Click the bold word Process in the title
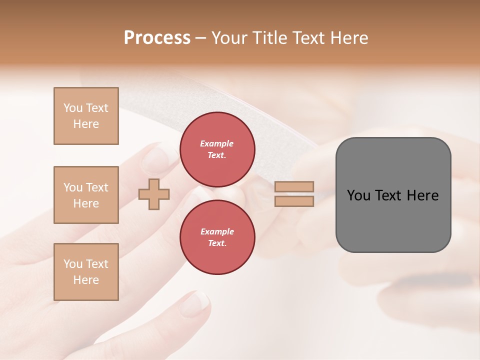pos(157,38)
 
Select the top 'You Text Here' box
pos(86,116)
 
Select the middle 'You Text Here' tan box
pos(86,195)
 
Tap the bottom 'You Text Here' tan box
pos(86,272)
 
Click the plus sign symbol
pos(154,194)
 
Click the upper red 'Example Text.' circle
pos(217,149)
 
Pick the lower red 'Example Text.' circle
pos(217,237)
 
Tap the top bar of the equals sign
pos(294,187)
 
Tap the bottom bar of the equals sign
pos(294,201)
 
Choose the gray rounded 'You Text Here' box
pos(393,220)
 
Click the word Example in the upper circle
pos(217,143)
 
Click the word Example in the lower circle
pos(217,231)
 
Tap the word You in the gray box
pos(358,195)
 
